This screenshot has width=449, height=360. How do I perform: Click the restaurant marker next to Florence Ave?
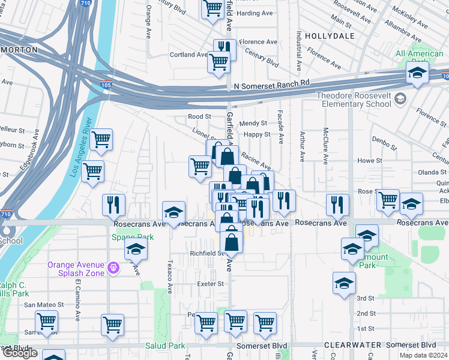coord(224,49)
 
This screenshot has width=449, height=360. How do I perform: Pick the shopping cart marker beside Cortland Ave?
coord(218,61)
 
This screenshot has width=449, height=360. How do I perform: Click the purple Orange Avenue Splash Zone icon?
coord(112,266)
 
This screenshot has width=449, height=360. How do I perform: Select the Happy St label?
coord(257,134)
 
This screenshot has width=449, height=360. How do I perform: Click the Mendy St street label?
coord(253,123)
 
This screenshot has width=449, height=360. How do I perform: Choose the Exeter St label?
coord(211,284)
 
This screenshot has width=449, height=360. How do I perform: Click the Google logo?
coord(19,353)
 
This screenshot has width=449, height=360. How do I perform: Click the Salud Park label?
coord(165,346)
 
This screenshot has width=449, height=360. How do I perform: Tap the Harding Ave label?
coord(256,13)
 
